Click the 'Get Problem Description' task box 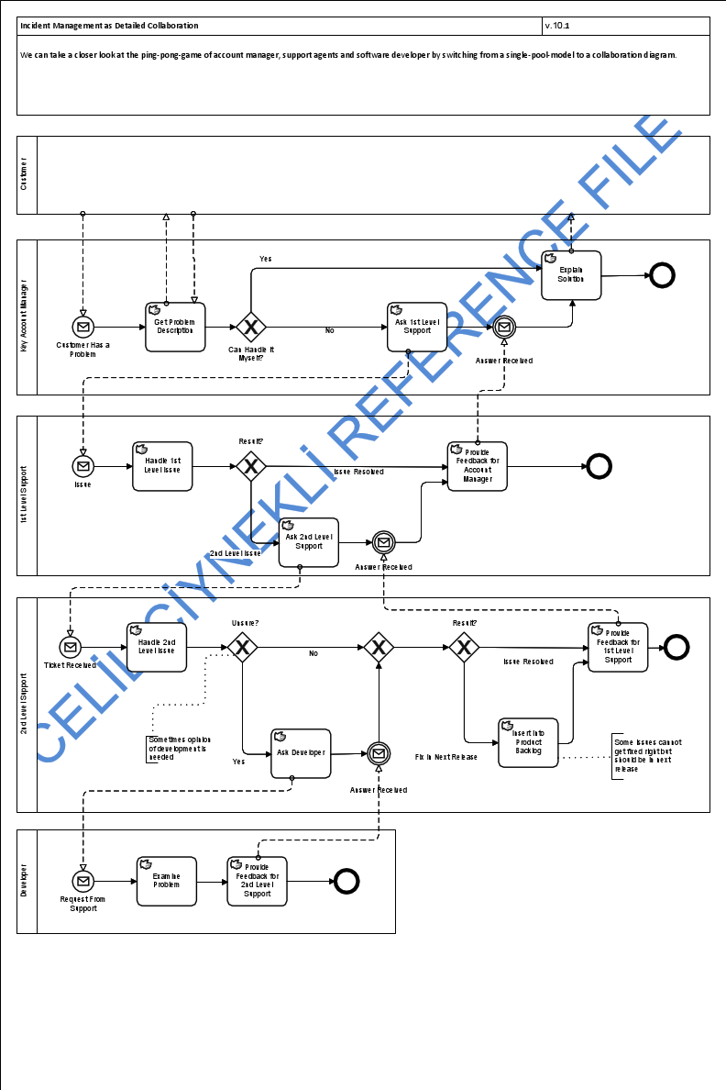[x=175, y=327]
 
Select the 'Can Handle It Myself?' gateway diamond [x=250, y=327]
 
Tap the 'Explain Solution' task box [x=571, y=275]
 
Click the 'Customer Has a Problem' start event [x=83, y=327]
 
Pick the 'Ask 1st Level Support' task [x=417, y=327]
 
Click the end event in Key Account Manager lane [x=662, y=274]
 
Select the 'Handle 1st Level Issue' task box [x=162, y=466]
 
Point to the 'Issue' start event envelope [x=83, y=466]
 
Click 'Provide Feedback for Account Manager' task [x=477, y=466]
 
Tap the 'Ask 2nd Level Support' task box [x=309, y=542]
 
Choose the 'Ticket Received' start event [x=71, y=648]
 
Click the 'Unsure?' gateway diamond [x=243, y=648]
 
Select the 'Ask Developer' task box [x=301, y=753]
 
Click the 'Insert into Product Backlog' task [x=528, y=742]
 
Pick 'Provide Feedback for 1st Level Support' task [x=618, y=647]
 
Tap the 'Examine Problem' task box [x=167, y=881]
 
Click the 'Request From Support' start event [x=83, y=881]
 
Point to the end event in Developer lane [x=346, y=881]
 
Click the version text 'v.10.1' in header [x=557, y=26]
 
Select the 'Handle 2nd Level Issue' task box [x=157, y=647]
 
